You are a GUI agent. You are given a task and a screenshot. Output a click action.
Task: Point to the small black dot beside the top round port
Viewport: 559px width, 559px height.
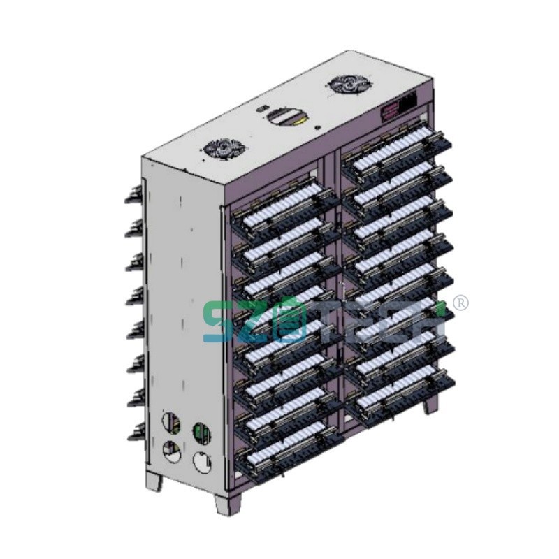tap(318, 127)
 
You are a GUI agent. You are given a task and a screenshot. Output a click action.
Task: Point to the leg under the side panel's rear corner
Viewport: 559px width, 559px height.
tap(154, 481)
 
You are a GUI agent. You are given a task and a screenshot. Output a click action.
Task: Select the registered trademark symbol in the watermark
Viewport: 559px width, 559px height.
tap(461, 303)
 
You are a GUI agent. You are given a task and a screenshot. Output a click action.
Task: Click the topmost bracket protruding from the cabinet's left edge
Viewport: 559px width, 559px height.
tap(133, 195)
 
